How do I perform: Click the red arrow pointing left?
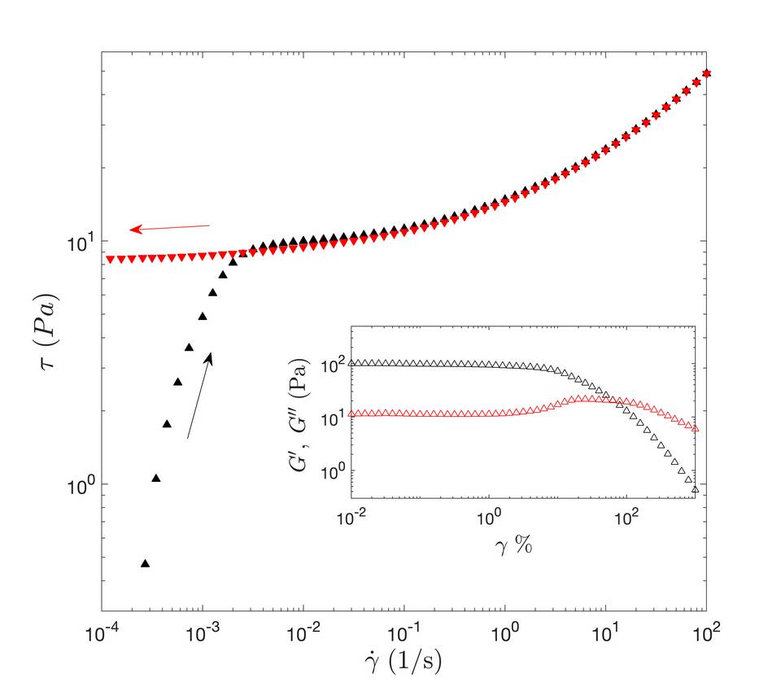tap(170, 228)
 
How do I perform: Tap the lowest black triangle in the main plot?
tap(146, 563)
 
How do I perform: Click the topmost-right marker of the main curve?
tap(706, 74)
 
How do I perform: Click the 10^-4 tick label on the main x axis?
tap(101, 630)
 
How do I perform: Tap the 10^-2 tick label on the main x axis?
tap(303, 630)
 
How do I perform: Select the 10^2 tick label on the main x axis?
tap(706, 630)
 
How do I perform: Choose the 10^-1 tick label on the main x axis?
tap(404, 630)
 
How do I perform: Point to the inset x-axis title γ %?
tap(515, 545)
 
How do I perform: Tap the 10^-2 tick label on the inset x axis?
tap(351, 517)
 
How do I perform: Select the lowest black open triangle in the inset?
tap(695, 489)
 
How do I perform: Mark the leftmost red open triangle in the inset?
tap(352, 414)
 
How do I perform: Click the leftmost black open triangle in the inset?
tap(352, 362)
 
